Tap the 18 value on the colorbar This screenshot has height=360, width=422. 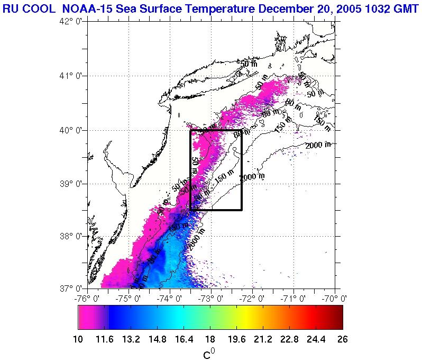[x=210, y=339]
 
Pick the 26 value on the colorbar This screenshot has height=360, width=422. [x=342, y=339]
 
